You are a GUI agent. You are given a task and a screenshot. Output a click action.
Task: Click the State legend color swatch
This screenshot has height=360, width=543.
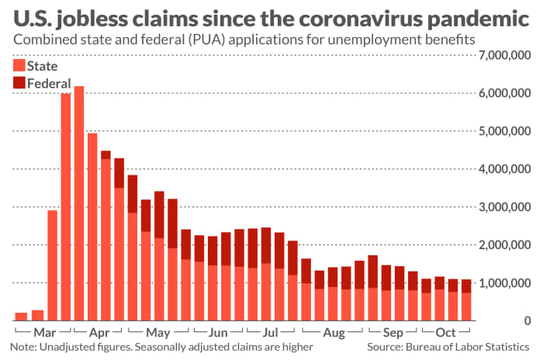click(x=19, y=66)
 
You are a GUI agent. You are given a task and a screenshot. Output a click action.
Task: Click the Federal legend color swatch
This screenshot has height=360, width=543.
click(x=19, y=82)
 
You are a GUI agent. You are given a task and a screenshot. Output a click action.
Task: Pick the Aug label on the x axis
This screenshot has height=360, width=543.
click(x=334, y=332)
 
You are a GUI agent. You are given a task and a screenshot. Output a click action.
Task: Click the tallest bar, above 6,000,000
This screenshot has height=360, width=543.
click(x=79, y=202)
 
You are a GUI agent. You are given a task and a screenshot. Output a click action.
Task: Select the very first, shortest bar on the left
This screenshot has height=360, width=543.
click(x=22, y=316)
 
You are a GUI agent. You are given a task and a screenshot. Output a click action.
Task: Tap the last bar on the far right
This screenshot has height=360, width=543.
click(x=467, y=299)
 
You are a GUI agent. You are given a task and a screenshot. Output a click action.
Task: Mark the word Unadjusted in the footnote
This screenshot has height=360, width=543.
click(x=67, y=348)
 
